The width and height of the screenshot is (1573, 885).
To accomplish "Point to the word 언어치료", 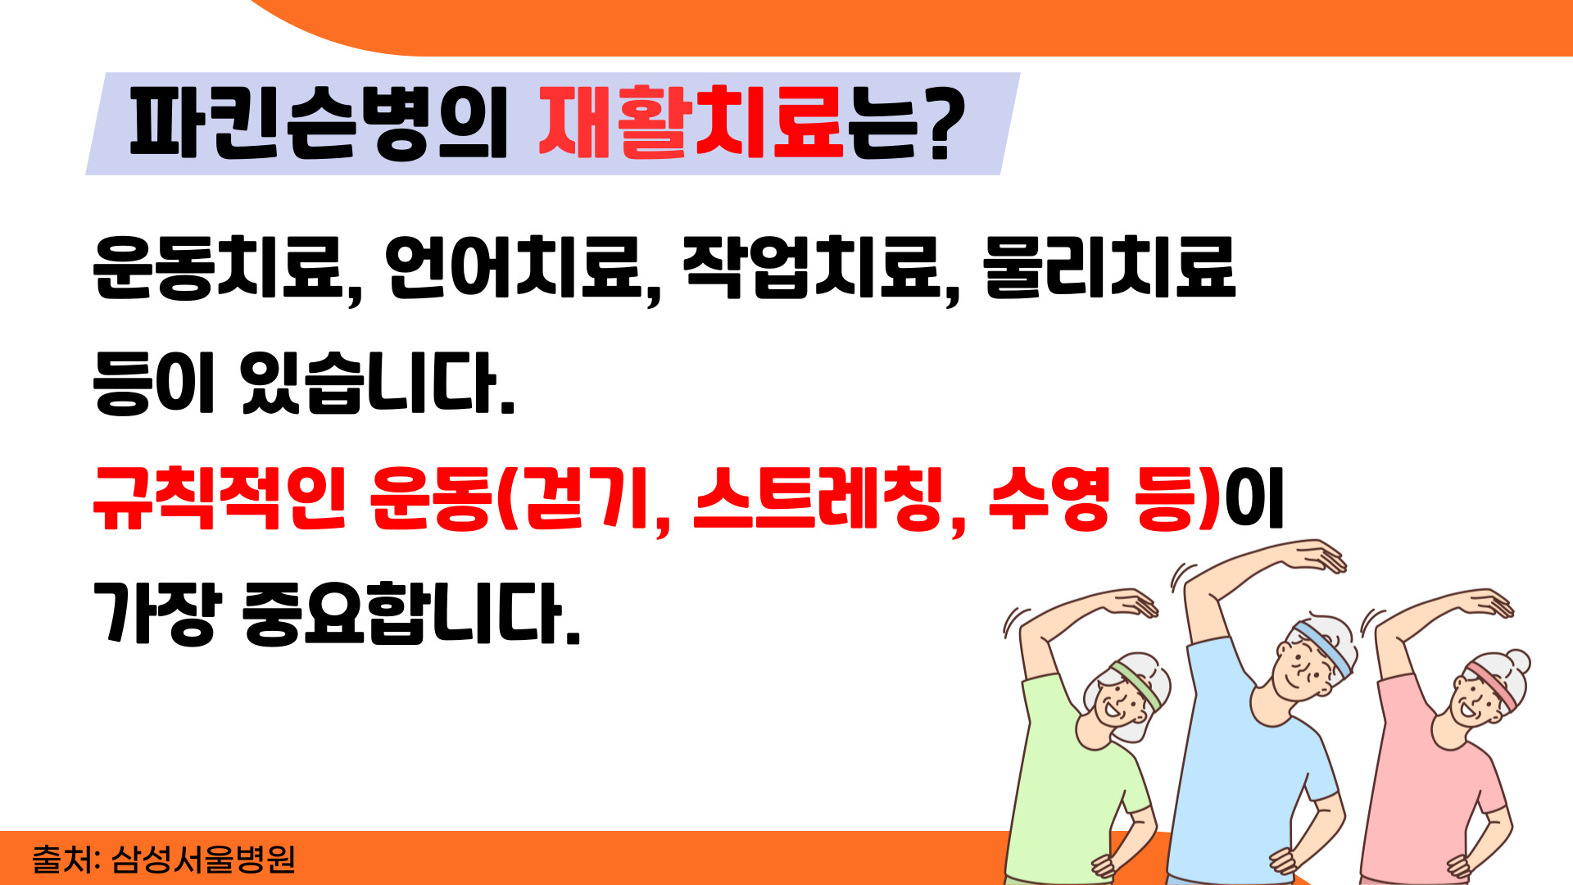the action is click(514, 268).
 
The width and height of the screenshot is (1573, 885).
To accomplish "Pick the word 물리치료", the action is click(1109, 268).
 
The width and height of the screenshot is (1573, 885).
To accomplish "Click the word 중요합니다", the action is click(411, 614).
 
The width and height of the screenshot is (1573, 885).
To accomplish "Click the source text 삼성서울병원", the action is click(203, 859).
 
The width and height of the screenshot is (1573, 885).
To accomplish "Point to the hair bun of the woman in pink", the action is click(1518, 661).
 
